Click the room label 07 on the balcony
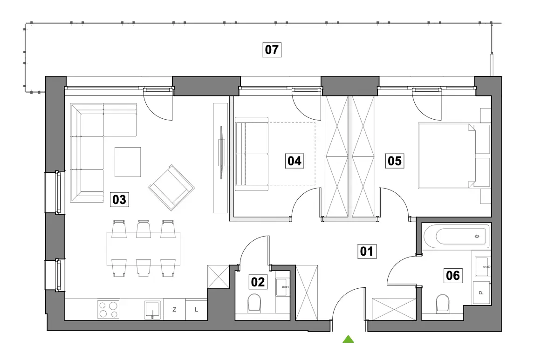(x=272, y=50)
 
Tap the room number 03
(x=119, y=200)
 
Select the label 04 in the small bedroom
(x=294, y=161)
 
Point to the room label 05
(x=395, y=161)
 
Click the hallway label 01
(x=366, y=251)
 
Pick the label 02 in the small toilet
(x=258, y=282)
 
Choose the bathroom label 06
(x=452, y=276)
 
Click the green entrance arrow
(x=349, y=339)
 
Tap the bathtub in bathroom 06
(x=456, y=236)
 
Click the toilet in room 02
(x=254, y=302)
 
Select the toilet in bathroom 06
(x=443, y=303)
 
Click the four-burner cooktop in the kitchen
(x=108, y=309)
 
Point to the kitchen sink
(x=152, y=310)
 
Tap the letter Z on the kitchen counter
(x=174, y=310)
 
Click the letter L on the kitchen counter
(x=196, y=310)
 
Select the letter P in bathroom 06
(x=481, y=293)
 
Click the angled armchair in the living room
(x=171, y=188)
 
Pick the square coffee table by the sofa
(x=128, y=162)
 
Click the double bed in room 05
(x=454, y=156)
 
